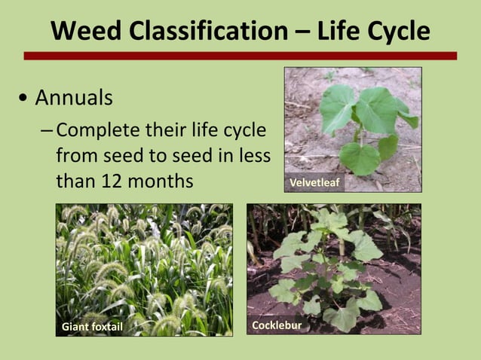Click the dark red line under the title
240,56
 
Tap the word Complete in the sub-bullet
94,130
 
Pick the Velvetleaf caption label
314,183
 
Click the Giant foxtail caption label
92,326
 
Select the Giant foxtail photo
144,264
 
